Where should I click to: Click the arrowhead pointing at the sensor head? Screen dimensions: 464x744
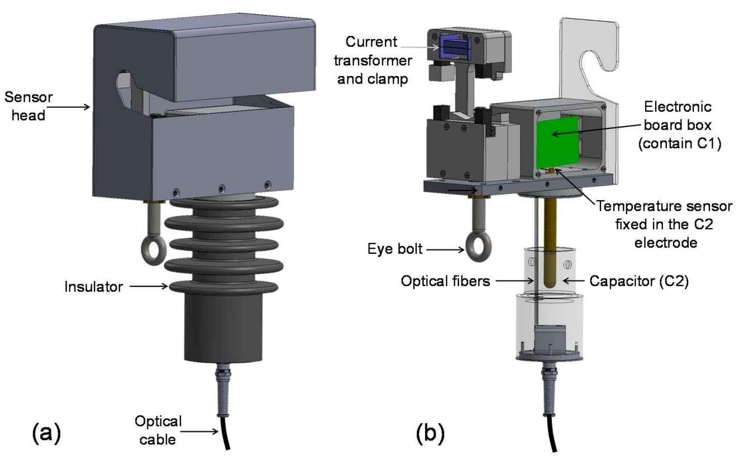89,105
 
